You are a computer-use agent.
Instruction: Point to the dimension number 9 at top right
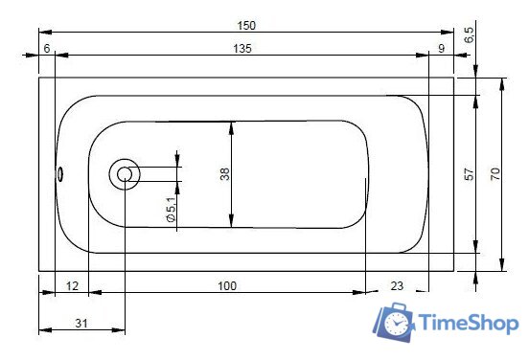click(441, 48)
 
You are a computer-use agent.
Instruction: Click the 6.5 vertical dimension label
click(469, 36)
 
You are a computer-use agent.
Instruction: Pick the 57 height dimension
click(469, 174)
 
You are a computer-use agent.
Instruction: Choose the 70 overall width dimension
click(494, 173)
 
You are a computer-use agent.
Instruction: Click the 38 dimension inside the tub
click(224, 174)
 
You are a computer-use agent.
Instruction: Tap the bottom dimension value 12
click(72, 285)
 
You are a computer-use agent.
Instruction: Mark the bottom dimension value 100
click(226, 285)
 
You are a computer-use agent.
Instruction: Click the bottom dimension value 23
click(397, 285)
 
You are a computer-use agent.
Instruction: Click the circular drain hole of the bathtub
click(125, 174)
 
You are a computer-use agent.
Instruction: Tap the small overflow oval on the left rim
click(60, 174)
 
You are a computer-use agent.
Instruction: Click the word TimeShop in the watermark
click(469, 324)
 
